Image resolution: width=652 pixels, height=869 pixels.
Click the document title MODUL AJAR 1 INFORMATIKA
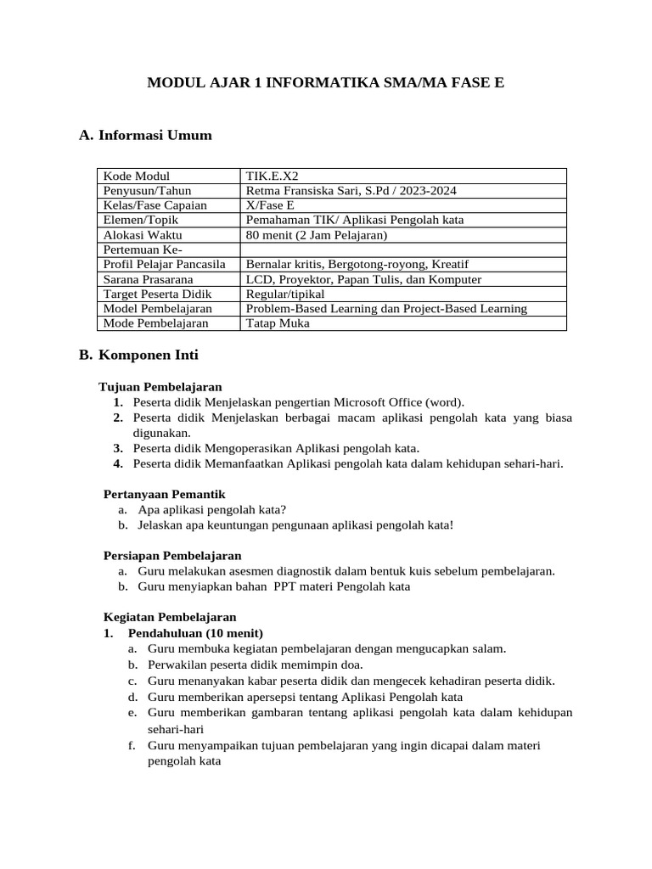[326, 83]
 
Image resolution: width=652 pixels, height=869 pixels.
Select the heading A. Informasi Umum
[145, 135]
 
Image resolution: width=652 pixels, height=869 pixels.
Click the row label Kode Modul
[137, 176]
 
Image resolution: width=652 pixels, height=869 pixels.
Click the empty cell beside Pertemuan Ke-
[403, 249]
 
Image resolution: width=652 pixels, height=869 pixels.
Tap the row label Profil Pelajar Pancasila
[170, 264]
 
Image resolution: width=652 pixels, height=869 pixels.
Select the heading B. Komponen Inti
[138, 355]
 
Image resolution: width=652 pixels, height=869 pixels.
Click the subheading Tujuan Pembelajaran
[160, 387]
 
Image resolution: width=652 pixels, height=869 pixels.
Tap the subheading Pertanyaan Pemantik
[164, 494]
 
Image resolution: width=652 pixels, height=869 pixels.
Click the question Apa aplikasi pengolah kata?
[212, 509]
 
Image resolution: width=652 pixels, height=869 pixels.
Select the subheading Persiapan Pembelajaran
[172, 556]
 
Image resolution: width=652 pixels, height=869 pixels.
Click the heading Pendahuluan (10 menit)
[195, 633]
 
